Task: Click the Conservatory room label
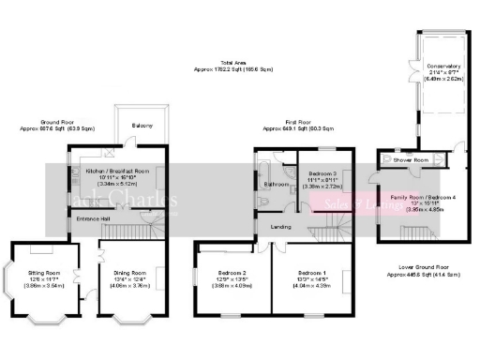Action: [442, 67]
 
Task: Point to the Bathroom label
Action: [276, 185]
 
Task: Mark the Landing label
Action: [280, 226]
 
